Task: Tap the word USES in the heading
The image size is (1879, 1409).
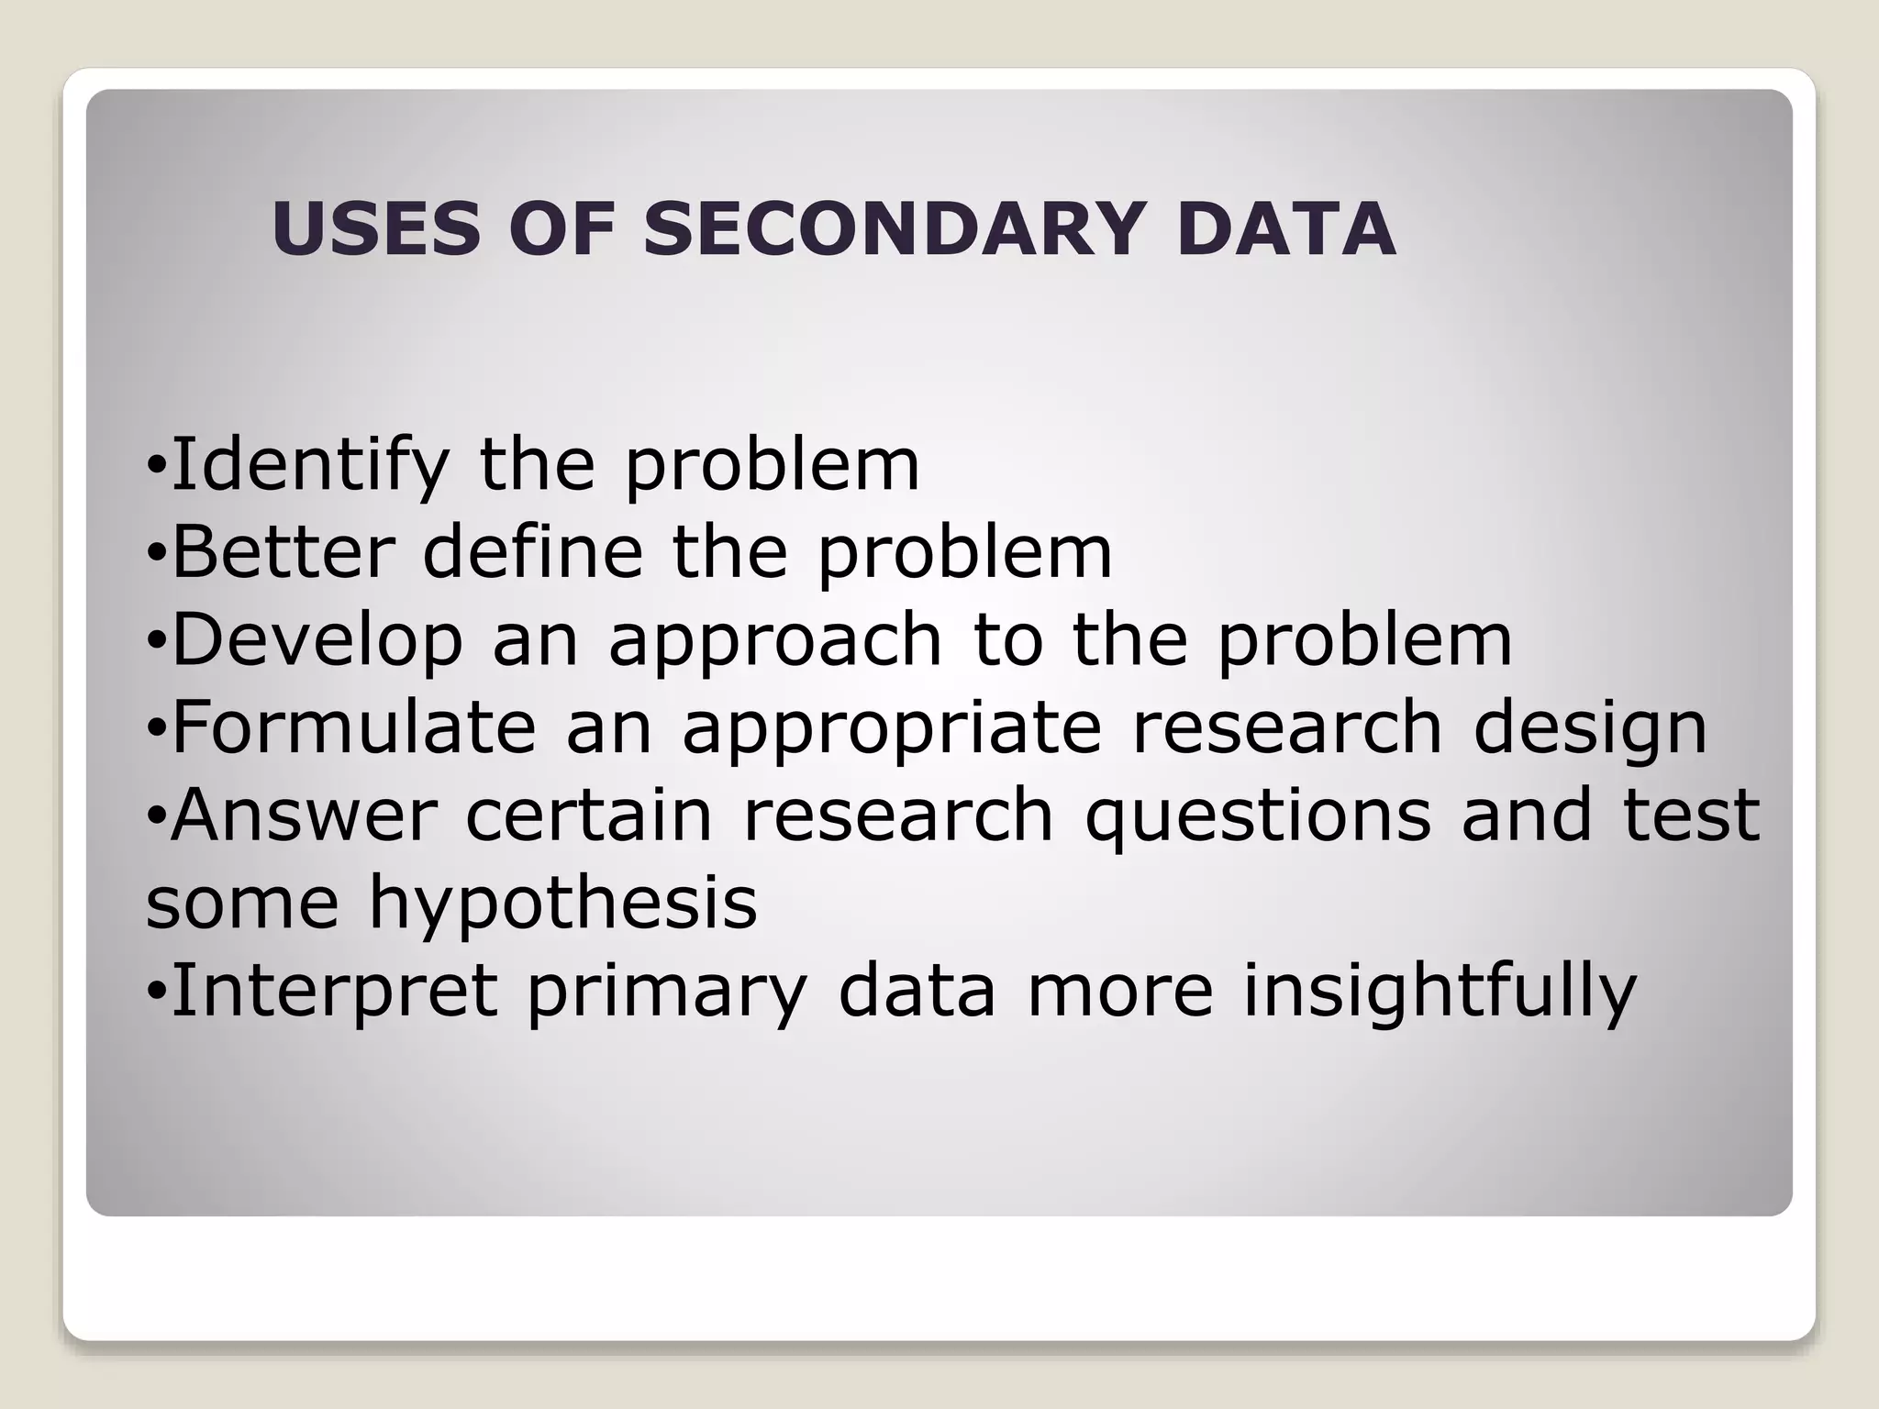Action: coord(376,228)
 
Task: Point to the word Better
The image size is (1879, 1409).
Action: coord(284,552)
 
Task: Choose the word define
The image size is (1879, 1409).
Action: coord(533,552)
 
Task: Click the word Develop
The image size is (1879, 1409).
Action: coord(317,641)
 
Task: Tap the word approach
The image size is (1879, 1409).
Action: coord(775,641)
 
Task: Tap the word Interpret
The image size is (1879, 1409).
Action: coord(335,992)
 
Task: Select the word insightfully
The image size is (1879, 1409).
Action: coord(1440,992)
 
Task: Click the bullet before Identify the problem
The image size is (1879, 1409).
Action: coord(157,468)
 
